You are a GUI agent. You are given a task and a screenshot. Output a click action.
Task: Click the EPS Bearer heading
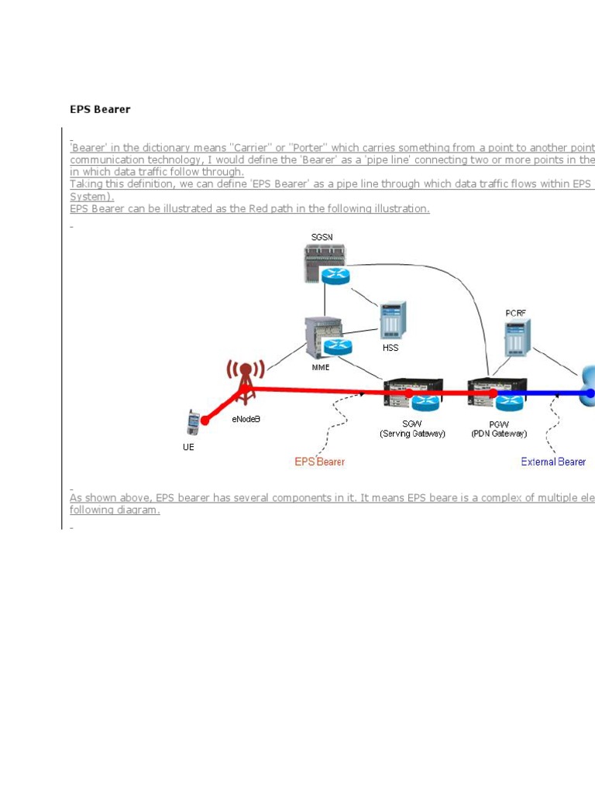click(x=100, y=109)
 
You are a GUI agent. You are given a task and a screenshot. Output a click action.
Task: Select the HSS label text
click(x=390, y=348)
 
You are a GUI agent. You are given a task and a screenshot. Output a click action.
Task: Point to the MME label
click(x=321, y=367)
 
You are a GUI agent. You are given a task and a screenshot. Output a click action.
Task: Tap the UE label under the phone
click(x=188, y=448)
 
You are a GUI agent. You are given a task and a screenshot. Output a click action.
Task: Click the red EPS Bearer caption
click(x=319, y=462)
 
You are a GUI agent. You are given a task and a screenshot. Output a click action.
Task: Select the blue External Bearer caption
click(x=553, y=462)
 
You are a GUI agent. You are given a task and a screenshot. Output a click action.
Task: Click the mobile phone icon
click(x=193, y=423)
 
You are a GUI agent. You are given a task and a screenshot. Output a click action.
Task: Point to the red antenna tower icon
click(x=245, y=380)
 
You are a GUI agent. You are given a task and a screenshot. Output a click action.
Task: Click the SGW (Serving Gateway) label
click(x=412, y=428)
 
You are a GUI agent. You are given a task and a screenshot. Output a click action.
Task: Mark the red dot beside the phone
click(x=205, y=421)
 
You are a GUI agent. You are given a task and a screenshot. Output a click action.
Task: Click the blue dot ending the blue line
click(x=590, y=393)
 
